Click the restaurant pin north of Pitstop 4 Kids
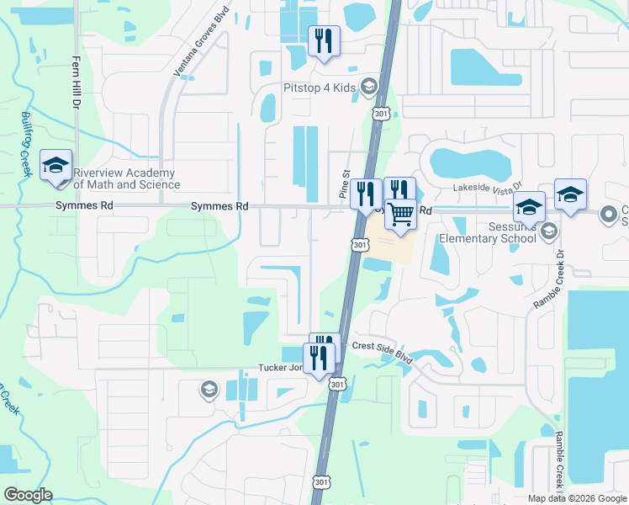[x=324, y=40]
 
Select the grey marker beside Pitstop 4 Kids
[x=368, y=87]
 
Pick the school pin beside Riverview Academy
[x=55, y=166]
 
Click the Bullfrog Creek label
[x=26, y=144]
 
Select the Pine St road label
[x=344, y=183]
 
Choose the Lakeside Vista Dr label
[x=488, y=187]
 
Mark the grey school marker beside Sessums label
[x=548, y=230]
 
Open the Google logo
[x=28, y=495]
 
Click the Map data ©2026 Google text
[x=576, y=498]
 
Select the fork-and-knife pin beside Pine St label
[x=366, y=194]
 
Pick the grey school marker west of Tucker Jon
[x=208, y=389]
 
